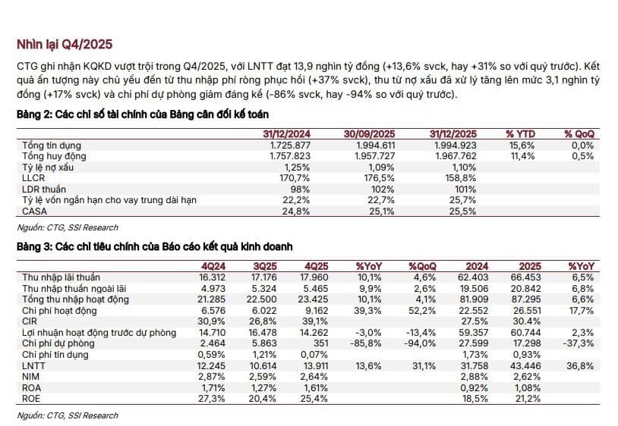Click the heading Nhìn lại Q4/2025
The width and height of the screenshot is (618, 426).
coord(65,45)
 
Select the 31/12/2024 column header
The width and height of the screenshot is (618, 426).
coord(286,134)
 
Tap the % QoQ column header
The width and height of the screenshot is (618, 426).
coord(579,134)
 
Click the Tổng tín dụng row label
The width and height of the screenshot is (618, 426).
coord(52,145)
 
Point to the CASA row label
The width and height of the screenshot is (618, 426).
coord(35,211)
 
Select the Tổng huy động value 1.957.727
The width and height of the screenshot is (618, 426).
coord(374,156)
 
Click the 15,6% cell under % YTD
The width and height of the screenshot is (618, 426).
coord(522,145)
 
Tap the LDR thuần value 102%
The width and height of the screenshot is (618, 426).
coord(383,190)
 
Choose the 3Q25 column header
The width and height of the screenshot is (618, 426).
coord(264,267)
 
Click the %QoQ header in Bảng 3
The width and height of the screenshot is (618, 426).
coord(423,267)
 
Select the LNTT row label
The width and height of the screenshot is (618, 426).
coord(33,366)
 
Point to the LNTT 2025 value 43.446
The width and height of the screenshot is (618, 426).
coord(526,366)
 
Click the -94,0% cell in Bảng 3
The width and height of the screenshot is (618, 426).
coord(420,343)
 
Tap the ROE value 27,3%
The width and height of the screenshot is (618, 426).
coord(211,399)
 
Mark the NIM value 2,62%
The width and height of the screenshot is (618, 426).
coord(528,377)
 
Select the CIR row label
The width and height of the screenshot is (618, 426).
coord(30,321)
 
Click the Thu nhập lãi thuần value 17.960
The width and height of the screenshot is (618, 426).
coord(314,277)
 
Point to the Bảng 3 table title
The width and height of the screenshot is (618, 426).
coord(155,247)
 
